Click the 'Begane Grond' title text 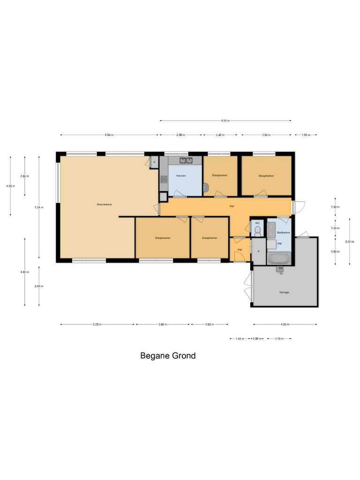point(168,356)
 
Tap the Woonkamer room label point(105,204)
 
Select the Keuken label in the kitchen point(181,176)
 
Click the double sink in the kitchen point(186,160)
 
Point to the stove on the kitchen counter point(164,179)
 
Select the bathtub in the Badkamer point(279,258)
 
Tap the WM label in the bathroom point(279,244)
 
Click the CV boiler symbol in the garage point(280,269)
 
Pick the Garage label point(284,292)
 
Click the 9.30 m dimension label point(225,120)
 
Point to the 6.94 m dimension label point(109,135)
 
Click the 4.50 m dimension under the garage point(285,324)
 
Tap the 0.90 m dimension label point(257,338)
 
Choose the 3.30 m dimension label point(349,241)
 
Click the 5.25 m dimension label point(97,324)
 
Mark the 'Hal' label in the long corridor point(232,206)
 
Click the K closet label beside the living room point(154,162)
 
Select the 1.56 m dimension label point(306,135)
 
